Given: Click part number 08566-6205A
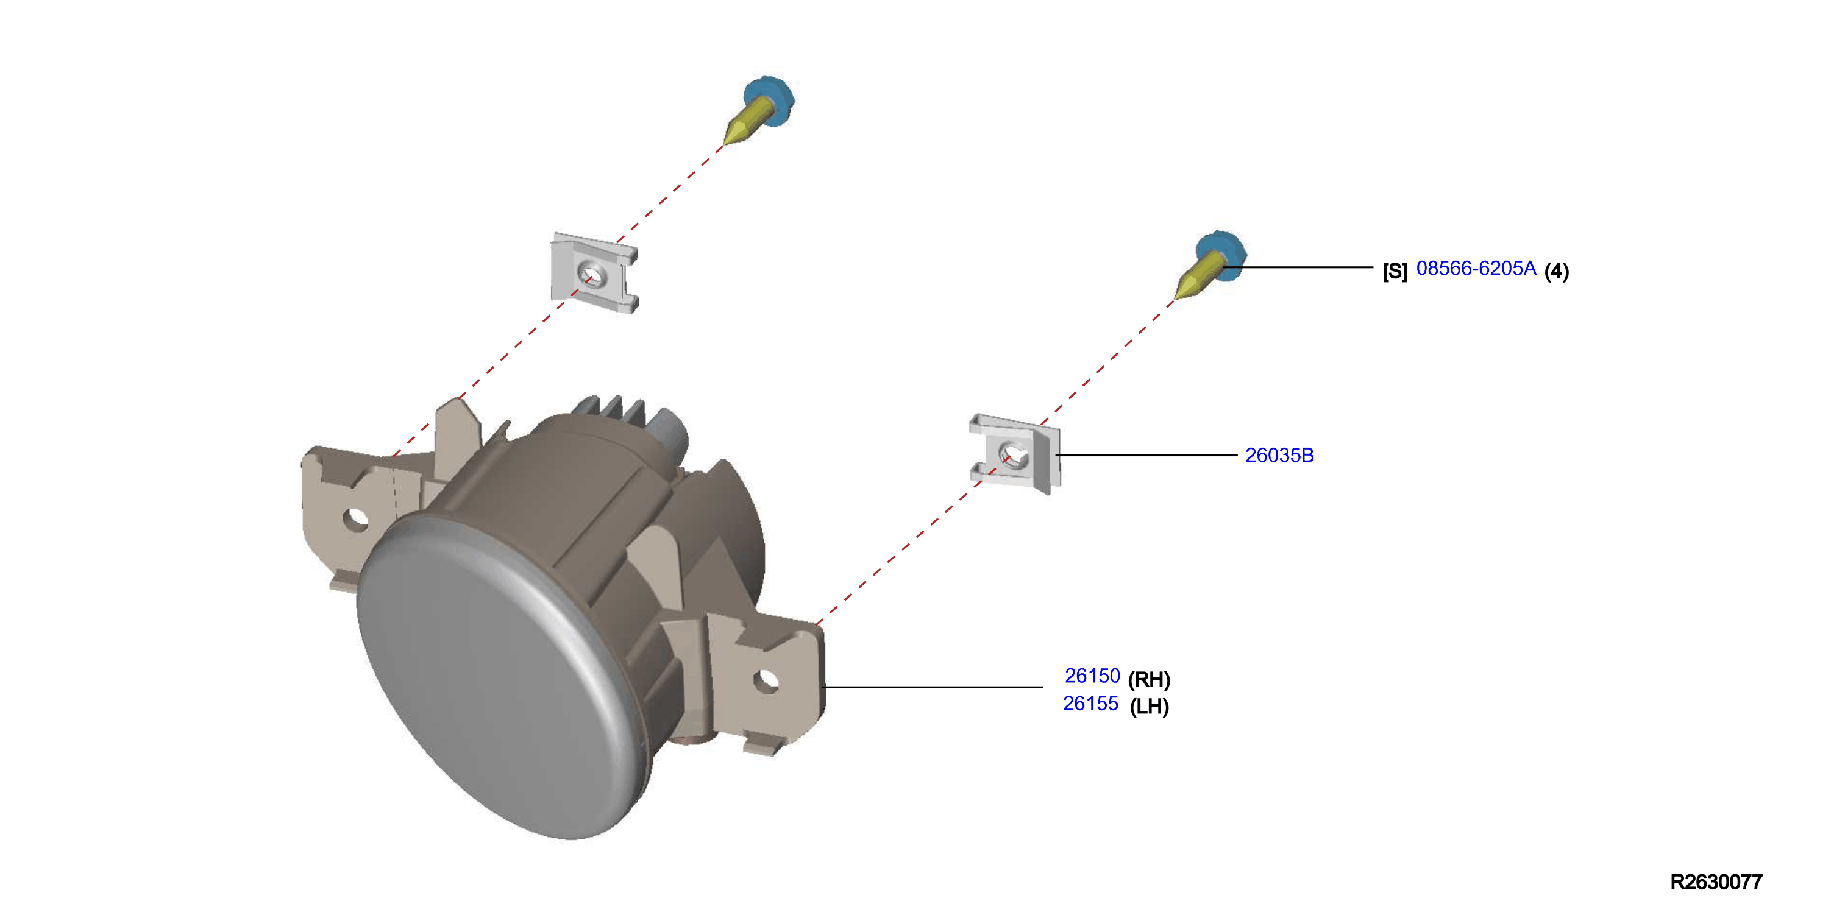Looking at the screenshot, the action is (x=1476, y=269).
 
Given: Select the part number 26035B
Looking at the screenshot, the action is (x=1279, y=456).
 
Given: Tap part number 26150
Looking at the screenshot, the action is (x=1092, y=676).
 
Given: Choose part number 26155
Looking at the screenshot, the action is (x=1091, y=704).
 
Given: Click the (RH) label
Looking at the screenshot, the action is (x=1149, y=679).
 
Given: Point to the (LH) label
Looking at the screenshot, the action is (x=1149, y=706).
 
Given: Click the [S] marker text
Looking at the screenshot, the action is (x=1395, y=271).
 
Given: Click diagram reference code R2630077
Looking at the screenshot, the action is (x=1716, y=882).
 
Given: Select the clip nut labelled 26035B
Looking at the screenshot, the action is (x=1015, y=453).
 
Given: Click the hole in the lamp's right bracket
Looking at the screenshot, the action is (x=766, y=681).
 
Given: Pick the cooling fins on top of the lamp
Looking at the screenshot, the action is (x=613, y=411).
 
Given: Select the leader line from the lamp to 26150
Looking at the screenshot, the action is (x=932, y=687).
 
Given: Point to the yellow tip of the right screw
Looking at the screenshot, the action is (x=1186, y=288).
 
